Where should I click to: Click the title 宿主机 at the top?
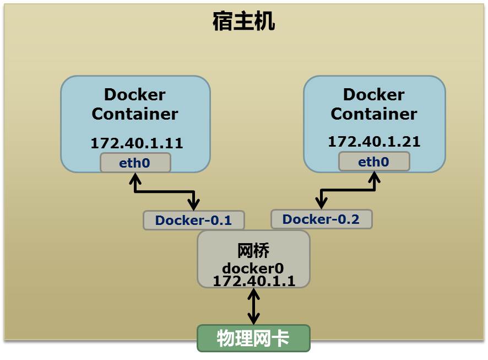[x=243, y=23]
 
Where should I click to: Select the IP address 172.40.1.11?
[x=137, y=143]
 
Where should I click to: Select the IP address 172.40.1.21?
[x=374, y=142]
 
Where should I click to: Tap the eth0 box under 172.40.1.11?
[x=135, y=163]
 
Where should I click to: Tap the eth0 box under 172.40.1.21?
[x=374, y=162]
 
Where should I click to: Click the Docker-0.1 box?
[x=193, y=221]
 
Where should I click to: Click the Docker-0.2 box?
[x=321, y=219]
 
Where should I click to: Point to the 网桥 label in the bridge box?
[x=253, y=251]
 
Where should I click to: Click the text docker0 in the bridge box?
[x=253, y=268]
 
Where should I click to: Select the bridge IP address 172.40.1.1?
[x=253, y=281]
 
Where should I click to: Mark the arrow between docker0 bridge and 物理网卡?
[x=253, y=306]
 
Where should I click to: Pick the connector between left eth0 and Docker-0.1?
[x=164, y=192]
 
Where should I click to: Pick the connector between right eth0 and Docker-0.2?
[x=348, y=191]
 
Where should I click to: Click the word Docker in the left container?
[x=134, y=95]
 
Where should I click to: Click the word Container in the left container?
[x=134, y=114]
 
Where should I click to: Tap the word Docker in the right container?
[x=373, y=95]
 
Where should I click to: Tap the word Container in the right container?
[x=373, y=114]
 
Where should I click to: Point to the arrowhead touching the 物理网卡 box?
[x=253, y=320]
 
